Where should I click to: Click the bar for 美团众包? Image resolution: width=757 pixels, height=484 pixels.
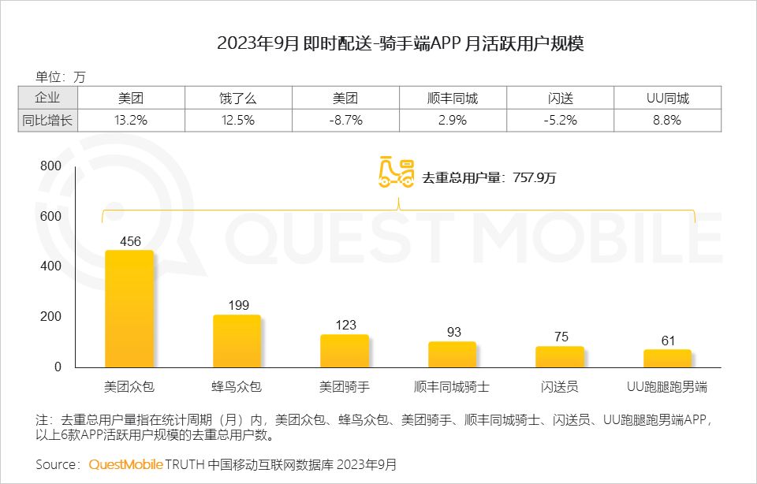pos(129,309)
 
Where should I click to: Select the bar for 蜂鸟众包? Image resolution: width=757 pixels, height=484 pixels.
pos(237,341)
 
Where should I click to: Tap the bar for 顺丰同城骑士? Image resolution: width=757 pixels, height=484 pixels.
pos(452,355)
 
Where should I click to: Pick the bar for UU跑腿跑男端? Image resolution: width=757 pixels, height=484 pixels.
pos(667,359)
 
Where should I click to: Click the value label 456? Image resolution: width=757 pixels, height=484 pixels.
pos(129,241)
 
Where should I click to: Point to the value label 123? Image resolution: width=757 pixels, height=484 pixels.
pos(345,325)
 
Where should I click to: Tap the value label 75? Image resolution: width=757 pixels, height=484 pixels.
pos(560,337)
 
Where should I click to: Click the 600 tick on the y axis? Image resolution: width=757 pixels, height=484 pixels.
pos(50,216)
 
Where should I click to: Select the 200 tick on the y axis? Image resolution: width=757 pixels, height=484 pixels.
pos(50,317)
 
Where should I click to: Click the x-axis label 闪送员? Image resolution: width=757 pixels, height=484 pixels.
pos(560,387)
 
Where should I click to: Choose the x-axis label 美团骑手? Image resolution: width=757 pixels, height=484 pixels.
pos(345,387)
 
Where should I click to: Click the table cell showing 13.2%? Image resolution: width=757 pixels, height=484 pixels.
pos(131,121)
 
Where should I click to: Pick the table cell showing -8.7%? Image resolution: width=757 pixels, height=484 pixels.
pos(345,121)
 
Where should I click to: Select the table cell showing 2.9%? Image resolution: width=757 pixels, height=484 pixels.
pos(452,121)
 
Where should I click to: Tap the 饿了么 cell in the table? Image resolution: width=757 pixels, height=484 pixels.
pos(238,99)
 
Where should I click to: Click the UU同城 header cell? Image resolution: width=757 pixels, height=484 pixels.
pos(667,99)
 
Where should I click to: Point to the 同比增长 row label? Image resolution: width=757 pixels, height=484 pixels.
pos(47,121)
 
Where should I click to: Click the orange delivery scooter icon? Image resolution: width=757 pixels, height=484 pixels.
pos(397,173)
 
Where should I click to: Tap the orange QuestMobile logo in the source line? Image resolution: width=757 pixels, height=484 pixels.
pos(125,464)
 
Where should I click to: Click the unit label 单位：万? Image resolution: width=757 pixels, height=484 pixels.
pos(60,77)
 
